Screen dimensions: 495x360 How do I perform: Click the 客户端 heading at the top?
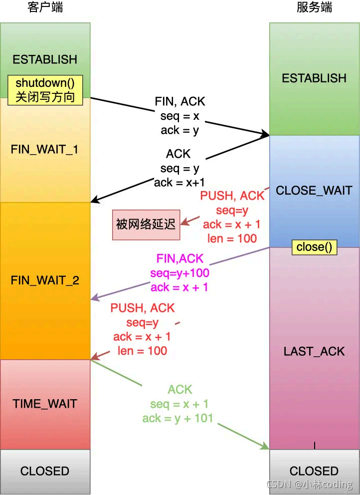point(45,7)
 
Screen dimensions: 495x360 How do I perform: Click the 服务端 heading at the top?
point(314,7)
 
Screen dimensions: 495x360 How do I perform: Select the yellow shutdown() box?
point(45,90)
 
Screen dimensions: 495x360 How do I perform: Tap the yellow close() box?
point(314,247)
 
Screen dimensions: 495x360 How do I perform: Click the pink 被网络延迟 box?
point(146,225)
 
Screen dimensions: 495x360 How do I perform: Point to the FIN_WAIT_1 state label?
point(45,149)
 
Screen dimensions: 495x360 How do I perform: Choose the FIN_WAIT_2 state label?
point(45,280)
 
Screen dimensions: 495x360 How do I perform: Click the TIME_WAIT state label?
point(45,404)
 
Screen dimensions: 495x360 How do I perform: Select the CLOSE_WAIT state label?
point(314,190)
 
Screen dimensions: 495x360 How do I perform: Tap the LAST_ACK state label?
point(314,351)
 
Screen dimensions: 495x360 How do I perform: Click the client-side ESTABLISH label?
point(45,59)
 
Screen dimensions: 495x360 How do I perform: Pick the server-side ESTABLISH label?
point(314,78)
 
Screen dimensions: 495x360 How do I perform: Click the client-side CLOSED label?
point(45,471)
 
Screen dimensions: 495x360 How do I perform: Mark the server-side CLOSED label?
point(314,471)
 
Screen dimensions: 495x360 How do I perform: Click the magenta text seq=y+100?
point(180,273)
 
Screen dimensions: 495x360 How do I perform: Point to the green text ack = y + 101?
point(178,418)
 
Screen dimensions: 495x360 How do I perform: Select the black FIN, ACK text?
point(180,101)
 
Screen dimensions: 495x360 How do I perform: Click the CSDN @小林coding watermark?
point(310,485)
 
